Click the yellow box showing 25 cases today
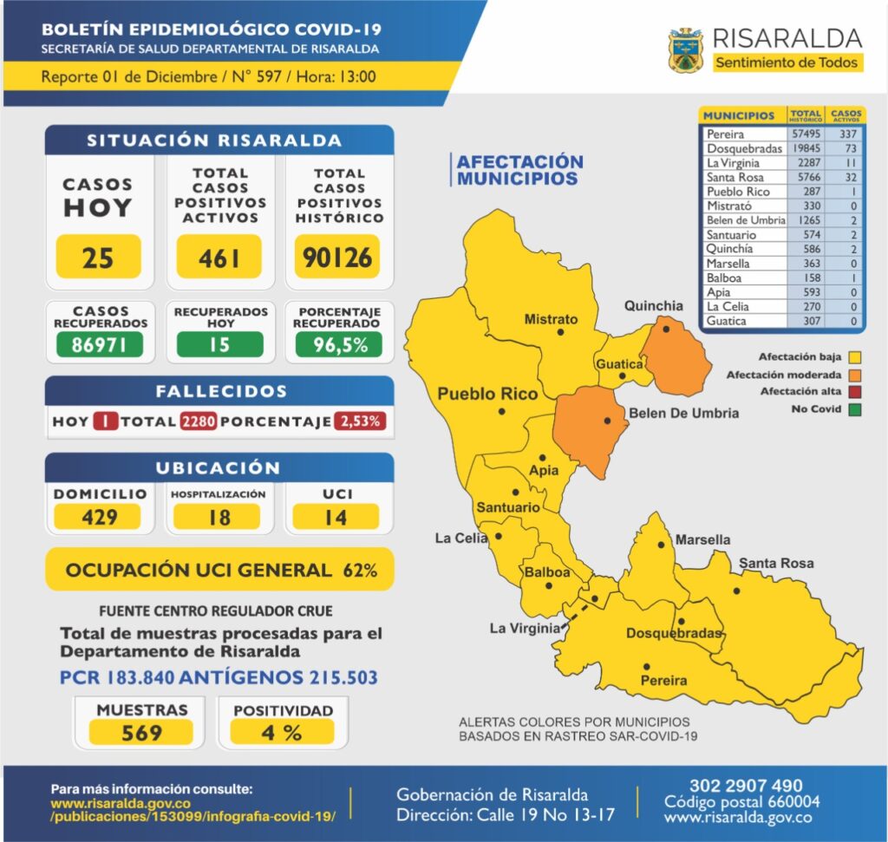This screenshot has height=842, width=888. [98, 257]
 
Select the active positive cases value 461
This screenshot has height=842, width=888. [219, 257]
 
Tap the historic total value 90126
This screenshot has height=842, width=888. [338, 257]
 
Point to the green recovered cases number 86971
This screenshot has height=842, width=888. [100, 344]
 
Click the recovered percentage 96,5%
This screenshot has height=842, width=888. [338, 344]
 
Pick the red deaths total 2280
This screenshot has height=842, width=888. [199, 422]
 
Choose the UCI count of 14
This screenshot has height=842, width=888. [336, 518]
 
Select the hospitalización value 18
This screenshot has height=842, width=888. [219, 518]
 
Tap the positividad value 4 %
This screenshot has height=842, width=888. [282, 733]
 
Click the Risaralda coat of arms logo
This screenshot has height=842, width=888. [684, 50]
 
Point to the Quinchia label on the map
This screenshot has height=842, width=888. [654, 305]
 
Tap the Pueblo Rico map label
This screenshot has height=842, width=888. [487, 394]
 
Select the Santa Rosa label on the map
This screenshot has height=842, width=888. [776, 564]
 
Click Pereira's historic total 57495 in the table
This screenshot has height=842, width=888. [805, 134]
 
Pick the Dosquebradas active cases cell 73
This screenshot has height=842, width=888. [847, 148]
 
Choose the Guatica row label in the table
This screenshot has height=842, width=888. [726, 321]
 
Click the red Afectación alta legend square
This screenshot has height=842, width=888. [856, 392]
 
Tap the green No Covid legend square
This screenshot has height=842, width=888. [856, 409]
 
